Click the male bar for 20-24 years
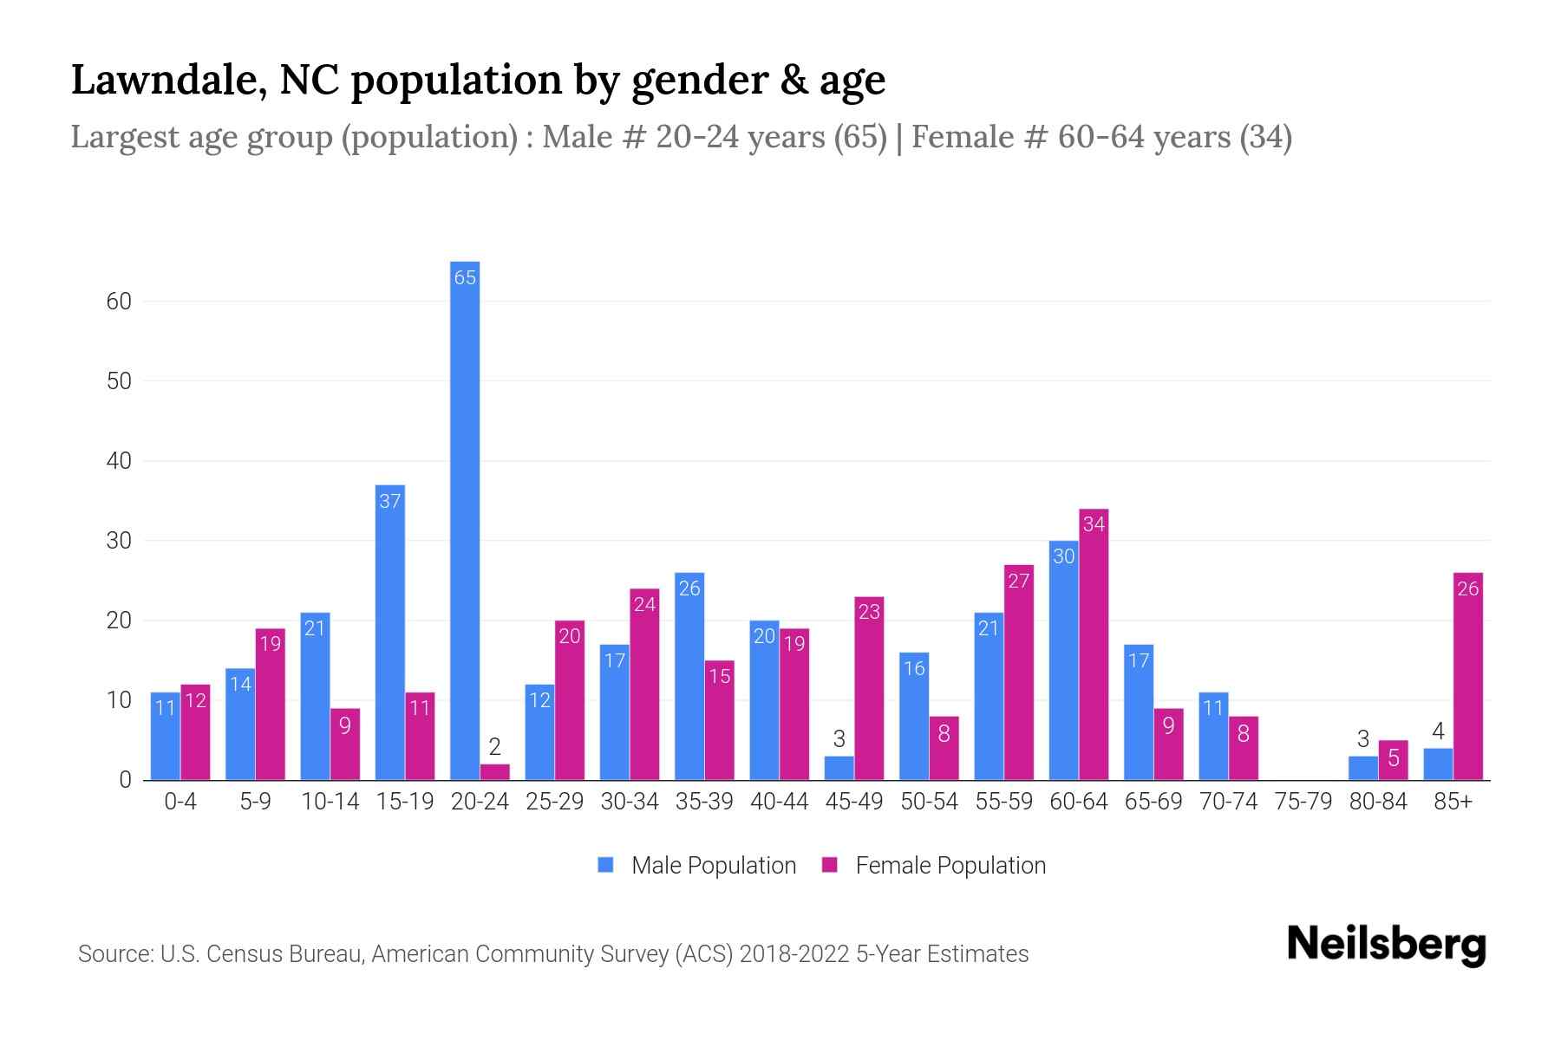[465, 520]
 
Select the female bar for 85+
[1467, 676]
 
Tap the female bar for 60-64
[1094, 646]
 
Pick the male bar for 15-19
[390, 633]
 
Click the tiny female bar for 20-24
[494, 772]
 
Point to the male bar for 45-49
[839, 769]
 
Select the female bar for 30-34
[644, 685]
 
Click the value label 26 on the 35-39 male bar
[689, 588]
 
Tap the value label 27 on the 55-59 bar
[1018, 581]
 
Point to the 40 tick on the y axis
[119, 461]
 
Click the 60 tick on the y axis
[119, 302]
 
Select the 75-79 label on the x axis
[1303, 802]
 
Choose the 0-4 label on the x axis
[180, 802]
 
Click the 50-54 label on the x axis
[929, 802]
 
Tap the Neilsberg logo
[1386, 945]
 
